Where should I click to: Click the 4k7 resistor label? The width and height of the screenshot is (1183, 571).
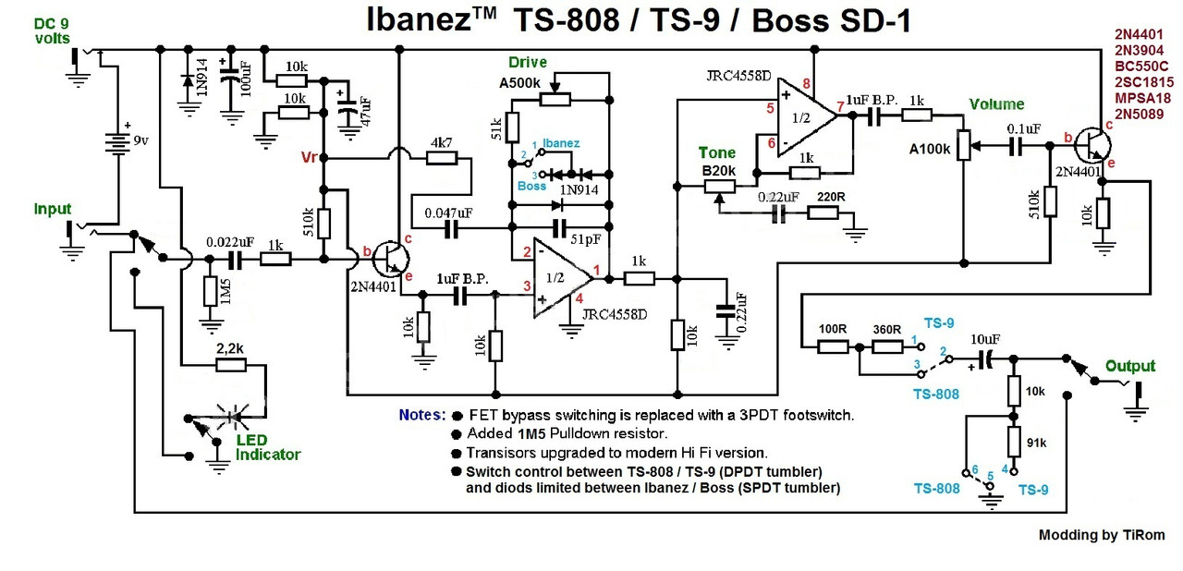[441, 143]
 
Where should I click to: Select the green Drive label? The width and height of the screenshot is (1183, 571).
[528, 63]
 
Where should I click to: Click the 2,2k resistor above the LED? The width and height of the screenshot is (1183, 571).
[231, 365]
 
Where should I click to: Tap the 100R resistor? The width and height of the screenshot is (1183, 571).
[833, 346]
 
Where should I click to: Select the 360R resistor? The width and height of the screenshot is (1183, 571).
[887, 346]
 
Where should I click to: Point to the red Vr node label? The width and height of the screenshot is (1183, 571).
[309, 157]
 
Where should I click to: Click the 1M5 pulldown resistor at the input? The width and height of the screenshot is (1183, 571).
[210, 292]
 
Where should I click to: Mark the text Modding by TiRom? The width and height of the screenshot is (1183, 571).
[1101, 535]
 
